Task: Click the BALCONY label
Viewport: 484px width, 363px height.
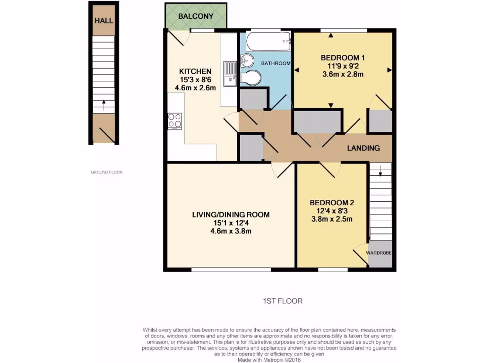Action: (x=196, y=16)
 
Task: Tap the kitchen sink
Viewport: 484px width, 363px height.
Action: (x=230, y=75)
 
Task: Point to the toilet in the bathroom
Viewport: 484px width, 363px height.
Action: (x=251, y=78)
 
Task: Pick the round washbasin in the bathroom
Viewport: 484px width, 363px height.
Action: (x=246, y=60)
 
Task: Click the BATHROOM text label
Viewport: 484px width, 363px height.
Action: (x=276, y=63)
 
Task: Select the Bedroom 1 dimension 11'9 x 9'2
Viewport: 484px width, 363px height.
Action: (x=343, y=66)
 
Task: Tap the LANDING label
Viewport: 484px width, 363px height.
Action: (x=363, y=148)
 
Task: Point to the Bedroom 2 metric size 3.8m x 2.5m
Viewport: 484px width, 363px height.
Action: (x=331, y=219)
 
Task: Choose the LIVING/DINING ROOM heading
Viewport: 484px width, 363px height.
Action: (x=231, y=215)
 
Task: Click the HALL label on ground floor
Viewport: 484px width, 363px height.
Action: (x=104, y=21)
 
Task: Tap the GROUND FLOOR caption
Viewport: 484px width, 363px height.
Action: (x=106, y=172)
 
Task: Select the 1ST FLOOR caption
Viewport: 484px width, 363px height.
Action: (x=282, y=301)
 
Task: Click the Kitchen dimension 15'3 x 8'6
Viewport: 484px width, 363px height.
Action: (x=195, y=79)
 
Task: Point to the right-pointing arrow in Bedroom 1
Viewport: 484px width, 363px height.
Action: (x=389, y=70)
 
